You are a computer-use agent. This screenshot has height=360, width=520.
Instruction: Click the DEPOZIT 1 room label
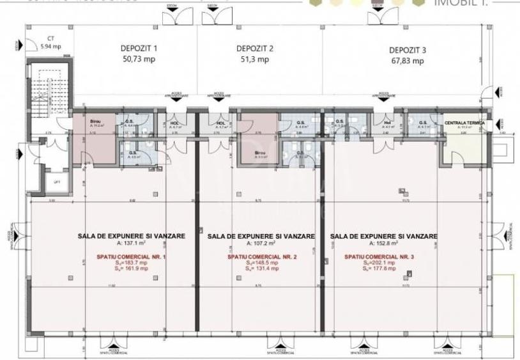[x=139, y=49]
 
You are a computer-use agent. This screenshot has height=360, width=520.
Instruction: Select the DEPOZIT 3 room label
[x=409, y=49]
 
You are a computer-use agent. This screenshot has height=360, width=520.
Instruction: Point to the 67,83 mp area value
[x=409, y=61]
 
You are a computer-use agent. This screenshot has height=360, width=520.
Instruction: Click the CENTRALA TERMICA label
[x=464, y=122]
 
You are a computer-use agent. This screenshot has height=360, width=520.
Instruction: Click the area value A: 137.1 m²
[x=131, y=243]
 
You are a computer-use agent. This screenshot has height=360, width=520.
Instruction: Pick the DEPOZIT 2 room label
[x=255, y=49]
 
